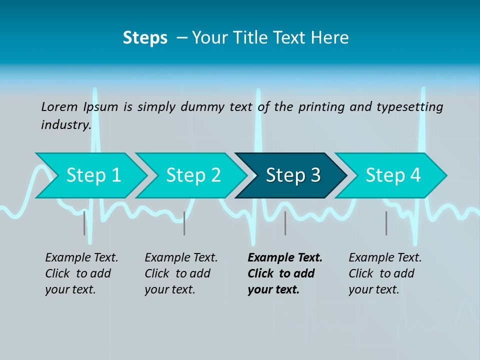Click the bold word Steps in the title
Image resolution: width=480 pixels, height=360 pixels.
(x=145, y=37)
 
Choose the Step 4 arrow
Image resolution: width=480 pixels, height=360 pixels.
(x=392, y=175)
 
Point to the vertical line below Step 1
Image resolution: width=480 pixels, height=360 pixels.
(x=84, y=223)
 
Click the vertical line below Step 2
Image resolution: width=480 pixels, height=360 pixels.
(x=184, y=223)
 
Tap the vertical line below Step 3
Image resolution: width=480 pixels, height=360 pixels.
(x=285, y=223)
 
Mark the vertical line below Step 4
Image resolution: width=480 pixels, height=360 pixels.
(x=386, y=223)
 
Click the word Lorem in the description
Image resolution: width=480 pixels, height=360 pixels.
(x=59, y=107)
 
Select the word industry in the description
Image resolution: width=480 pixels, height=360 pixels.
(x=66, y=124)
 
